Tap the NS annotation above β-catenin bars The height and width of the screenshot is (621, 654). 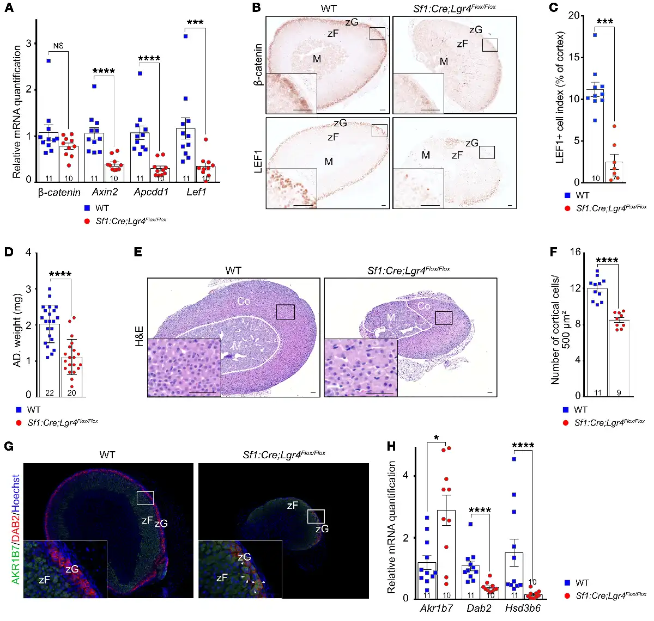tap(58, 46)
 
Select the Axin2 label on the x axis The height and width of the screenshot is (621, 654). tap(105, 192)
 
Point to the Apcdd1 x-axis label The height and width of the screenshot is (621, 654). tap(151, 192)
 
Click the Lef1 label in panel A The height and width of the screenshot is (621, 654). tap(196, 192)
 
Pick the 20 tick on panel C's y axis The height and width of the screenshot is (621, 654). tap(573, 15)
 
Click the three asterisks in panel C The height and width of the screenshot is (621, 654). tap(604, 22)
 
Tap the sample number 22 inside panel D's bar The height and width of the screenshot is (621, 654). tap(50, 392)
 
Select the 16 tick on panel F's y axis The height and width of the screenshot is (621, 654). tap(576, 252)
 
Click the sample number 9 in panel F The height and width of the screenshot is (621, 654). tap(619, 392)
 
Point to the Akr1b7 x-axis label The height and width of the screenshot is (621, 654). tap(436, 608)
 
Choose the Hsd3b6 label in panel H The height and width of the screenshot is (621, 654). tap(522, 608)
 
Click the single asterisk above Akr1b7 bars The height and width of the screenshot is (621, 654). tap(437, 438)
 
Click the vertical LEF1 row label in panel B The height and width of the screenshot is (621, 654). tap(258, 162)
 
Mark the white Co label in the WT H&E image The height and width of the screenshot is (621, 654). tap(243, 301)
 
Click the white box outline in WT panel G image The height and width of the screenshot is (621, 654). tap(146, 498)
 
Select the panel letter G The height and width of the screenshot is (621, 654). tap(9, 446)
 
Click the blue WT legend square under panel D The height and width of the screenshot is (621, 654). tap(19, 410)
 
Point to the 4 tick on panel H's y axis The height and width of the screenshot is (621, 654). tap(405, 475)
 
